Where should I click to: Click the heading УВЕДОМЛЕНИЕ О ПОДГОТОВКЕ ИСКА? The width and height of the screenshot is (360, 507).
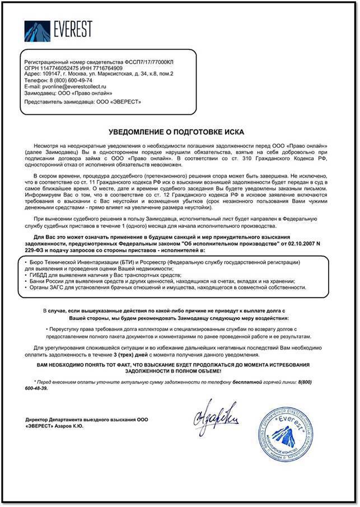[176, 131]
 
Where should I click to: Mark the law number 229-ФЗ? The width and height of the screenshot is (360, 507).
[36, 251]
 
